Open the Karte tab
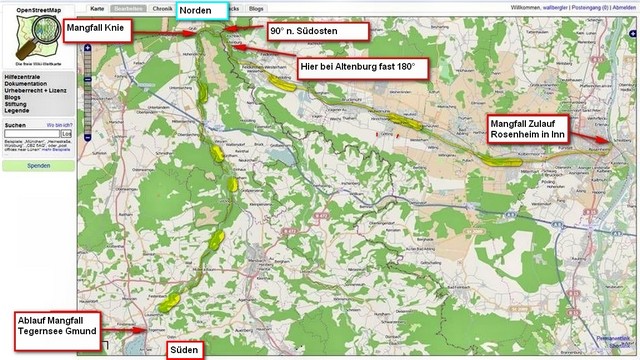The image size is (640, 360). [x=97, y=8]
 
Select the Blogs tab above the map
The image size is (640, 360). [x=256, y=8]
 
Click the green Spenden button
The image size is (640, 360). [x=38, y=165]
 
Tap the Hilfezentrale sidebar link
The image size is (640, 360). [x=23, y=76]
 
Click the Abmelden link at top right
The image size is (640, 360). [x=624, y=7]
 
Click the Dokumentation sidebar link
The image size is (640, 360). [x=26, y=83]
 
